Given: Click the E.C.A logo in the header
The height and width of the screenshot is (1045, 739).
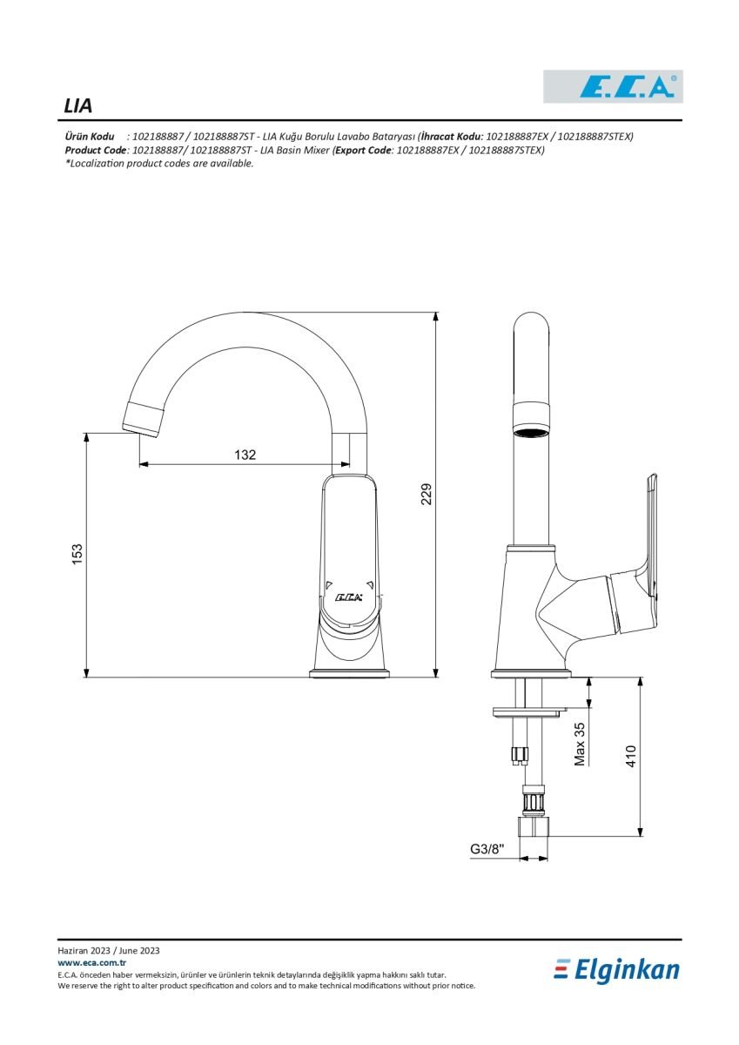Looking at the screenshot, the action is pos(613,86).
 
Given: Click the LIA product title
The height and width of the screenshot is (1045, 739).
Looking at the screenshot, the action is pos(77,106).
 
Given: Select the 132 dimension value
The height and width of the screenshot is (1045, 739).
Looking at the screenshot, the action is pos(245,455).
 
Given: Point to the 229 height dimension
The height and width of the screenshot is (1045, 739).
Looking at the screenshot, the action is pos(427,494).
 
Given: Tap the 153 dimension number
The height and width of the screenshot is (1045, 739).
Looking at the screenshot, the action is pos(77,554).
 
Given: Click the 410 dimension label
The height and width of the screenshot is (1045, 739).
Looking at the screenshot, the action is pos(631,756).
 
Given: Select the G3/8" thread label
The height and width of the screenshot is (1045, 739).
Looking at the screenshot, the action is pos(487,848).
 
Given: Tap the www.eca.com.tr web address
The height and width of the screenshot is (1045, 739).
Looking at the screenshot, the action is pos(92,962).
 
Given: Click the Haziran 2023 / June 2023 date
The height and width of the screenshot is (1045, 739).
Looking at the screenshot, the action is pos(109,950).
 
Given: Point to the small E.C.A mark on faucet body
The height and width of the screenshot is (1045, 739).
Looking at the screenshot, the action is pos(349,597).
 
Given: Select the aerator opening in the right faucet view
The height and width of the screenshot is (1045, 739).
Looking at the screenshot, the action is pos(532,432).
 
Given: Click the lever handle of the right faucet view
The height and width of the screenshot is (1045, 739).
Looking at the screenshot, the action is pos(651,535).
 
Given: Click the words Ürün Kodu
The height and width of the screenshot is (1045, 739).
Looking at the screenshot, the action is pos(90,137).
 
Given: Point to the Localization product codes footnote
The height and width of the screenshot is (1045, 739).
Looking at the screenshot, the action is pos(159,164).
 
